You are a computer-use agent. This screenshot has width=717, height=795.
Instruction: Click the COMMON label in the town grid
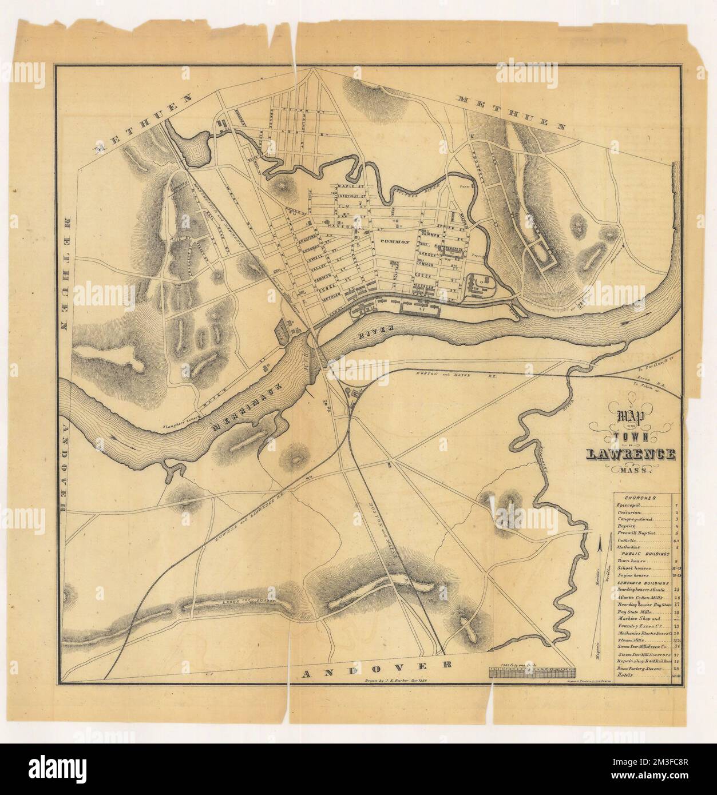(394, 242)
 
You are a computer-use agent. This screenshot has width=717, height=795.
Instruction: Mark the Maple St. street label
(350, 186)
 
